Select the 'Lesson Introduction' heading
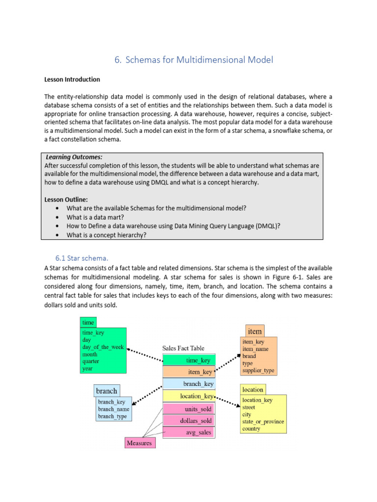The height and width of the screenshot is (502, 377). click(x=72, y=79)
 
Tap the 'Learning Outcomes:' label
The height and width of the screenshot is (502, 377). click(x=74, y=157)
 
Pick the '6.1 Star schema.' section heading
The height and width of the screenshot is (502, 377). click(x=81, y=258)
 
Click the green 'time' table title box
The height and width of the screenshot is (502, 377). click(x=88, y=322)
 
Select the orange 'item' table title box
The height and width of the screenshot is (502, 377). click(x=254, y=331)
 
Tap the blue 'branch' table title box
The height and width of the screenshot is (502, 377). click(x=107, y=391)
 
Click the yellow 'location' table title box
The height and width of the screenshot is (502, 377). click(x=253, y=389)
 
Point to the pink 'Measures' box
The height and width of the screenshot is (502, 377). click(x=139, y=443)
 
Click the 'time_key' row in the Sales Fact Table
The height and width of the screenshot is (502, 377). click(x=188, y=360)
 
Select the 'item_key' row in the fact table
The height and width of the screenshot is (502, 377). click(x=188, y=372)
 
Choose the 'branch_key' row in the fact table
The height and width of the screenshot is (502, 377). click(x=188, y=384)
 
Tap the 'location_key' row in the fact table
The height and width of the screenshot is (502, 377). click(x=188, y=396)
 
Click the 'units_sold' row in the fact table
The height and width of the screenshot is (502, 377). click(x=188, y=408)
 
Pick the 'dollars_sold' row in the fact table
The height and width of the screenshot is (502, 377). click(x=188, y=420)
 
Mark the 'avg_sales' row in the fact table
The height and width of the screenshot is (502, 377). click(x=188, y=432)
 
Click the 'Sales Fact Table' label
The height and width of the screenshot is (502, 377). click(x=184, y=348)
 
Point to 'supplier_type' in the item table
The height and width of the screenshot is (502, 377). click(x=258, y=371)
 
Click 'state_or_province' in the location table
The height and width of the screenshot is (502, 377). click(x=263, y=422)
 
